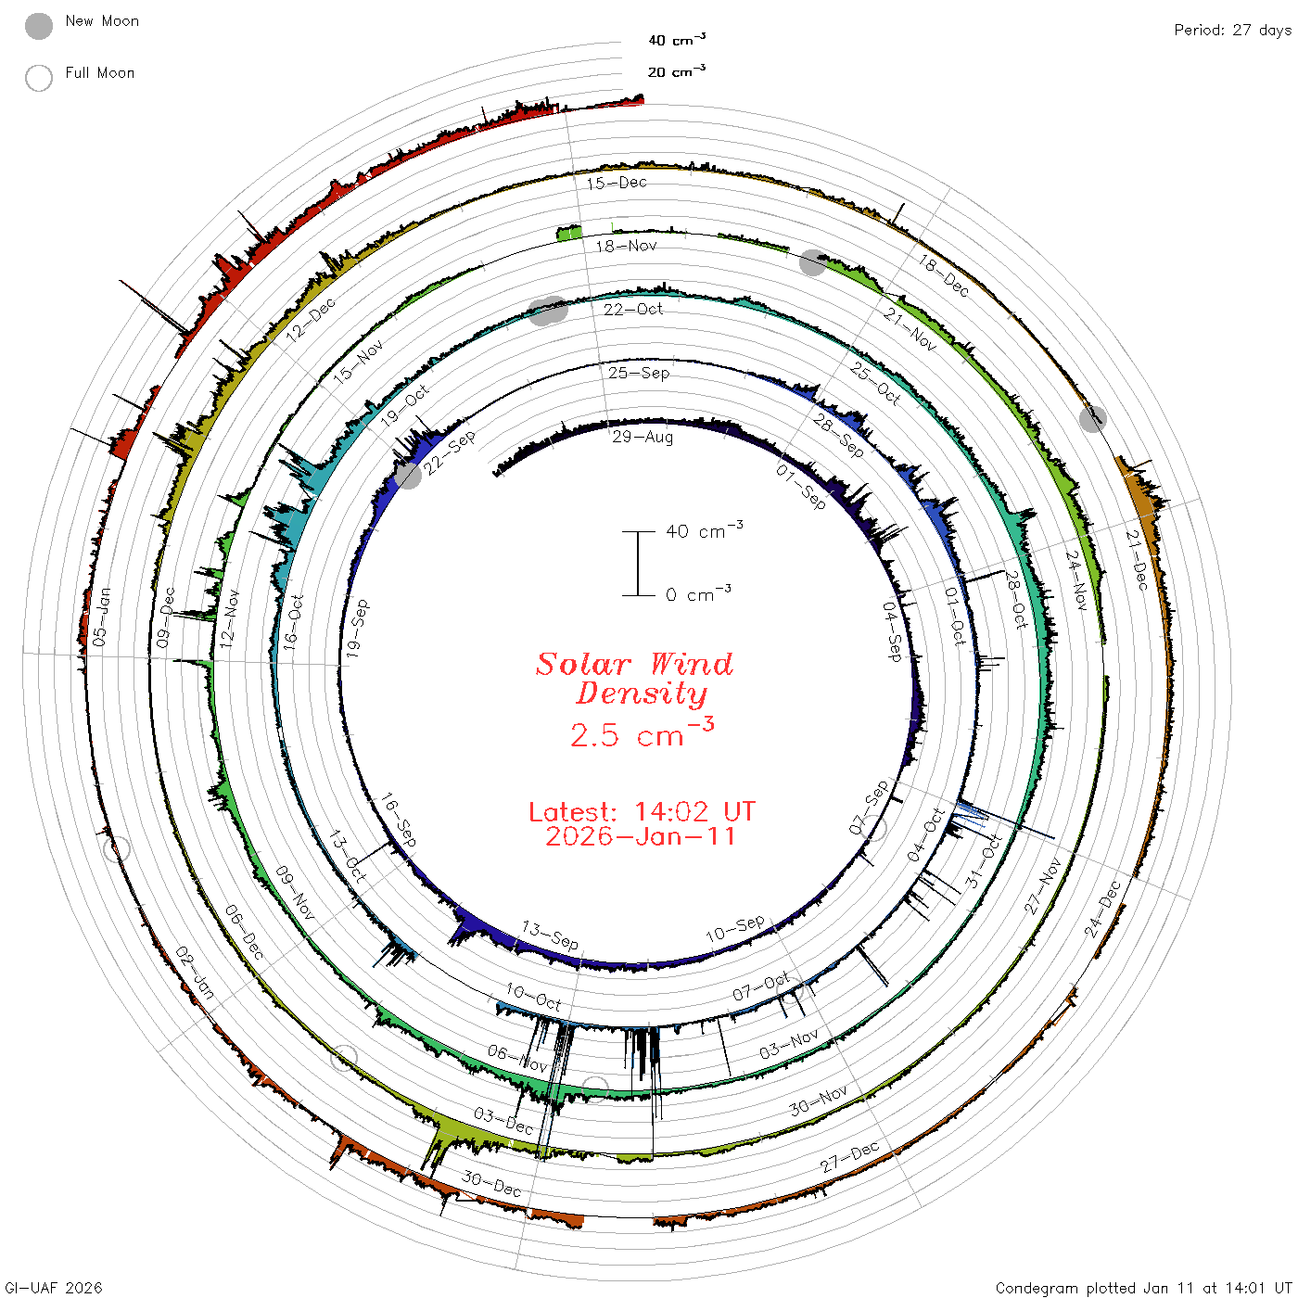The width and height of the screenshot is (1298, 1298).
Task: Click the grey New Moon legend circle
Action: coord(39,26)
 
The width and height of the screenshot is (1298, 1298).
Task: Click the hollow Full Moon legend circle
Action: coord(39,78)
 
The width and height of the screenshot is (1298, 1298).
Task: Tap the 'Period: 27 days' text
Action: coord(1233,31)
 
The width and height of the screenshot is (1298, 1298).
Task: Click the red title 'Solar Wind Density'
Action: coord(634,679)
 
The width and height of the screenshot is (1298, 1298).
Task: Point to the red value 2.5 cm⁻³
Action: coord(642,732)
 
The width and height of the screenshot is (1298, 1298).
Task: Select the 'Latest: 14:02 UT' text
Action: coord(642,811)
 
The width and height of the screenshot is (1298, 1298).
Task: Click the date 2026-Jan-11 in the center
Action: coord(640,836)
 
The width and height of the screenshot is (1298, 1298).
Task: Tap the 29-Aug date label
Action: coord(643,438)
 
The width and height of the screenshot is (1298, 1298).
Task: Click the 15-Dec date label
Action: coord(617,183)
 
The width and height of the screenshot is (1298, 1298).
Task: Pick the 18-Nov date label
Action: coord(626,246)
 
